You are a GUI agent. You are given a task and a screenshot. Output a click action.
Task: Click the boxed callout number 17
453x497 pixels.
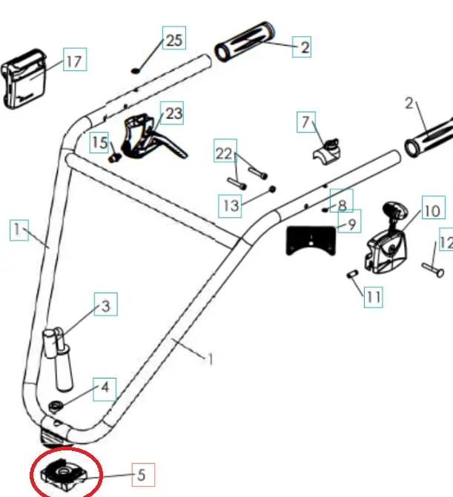(x=73, y=61)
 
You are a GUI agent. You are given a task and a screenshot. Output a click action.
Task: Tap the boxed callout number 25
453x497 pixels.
(x=173, y=40)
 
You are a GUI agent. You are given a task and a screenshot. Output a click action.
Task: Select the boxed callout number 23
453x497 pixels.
(x=173, y=113)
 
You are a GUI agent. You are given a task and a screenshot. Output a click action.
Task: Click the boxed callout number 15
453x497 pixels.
(x=100, y=142)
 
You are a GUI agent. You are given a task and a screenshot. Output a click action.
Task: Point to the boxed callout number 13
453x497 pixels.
(x=231, y=204)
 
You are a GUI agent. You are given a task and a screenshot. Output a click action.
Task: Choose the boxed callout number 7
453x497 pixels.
(x=307, y=121)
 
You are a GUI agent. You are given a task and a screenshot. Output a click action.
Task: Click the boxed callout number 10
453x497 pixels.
(x=431, y=210)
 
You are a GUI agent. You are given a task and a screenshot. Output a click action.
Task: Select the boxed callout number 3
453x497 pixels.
(x=105, y=305)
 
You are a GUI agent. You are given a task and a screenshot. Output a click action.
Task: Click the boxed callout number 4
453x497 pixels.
(x=105, y=387)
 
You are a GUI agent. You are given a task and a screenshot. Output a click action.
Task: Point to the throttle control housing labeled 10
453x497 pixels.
(x=387, y=239)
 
